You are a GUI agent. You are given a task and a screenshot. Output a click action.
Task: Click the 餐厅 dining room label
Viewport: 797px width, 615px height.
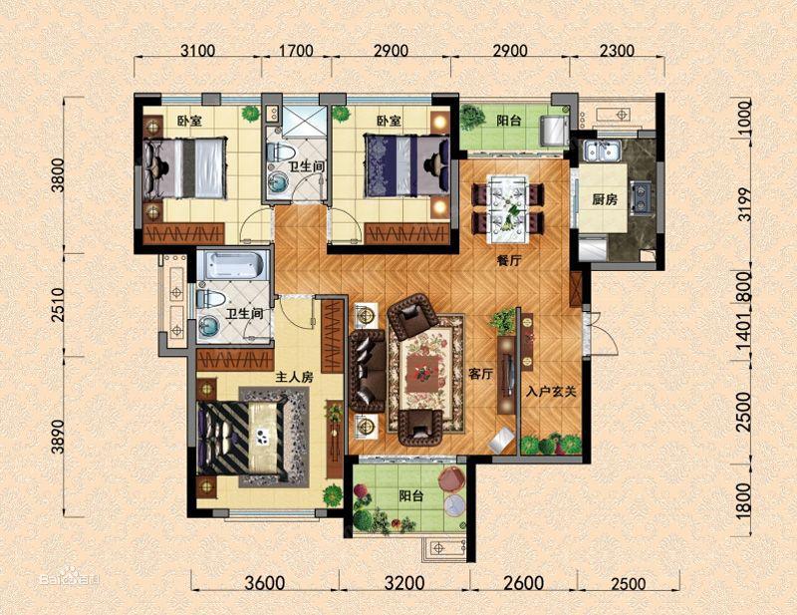coord(509,261)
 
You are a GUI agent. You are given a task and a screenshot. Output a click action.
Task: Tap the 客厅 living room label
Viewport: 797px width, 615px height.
coord(480,375)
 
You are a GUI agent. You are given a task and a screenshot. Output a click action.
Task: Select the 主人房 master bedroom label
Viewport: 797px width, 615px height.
coord(294,378)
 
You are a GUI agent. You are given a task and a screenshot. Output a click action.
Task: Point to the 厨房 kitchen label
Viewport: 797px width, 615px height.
coord(605,200)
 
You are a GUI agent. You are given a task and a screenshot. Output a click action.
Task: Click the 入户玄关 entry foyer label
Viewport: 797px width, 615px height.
coord(552,392)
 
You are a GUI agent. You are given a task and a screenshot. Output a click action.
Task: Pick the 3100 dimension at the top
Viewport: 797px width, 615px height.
coord(197,51)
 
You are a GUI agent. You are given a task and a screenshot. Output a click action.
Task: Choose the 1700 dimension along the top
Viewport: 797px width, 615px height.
coord(296,51)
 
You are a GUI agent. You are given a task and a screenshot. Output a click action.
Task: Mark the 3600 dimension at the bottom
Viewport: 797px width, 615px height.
coord(264,583)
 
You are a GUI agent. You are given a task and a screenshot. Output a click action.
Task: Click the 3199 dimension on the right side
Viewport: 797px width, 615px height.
coord(744,204)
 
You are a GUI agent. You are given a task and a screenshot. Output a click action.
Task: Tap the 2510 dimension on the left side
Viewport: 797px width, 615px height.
coord(58,305)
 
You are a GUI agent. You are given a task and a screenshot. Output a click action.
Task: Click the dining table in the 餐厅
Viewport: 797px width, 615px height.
coord(507,208)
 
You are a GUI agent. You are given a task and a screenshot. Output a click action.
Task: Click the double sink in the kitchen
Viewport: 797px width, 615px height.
coord(603,152)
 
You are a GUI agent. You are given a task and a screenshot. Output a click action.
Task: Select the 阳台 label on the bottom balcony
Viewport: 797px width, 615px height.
coord(411,496)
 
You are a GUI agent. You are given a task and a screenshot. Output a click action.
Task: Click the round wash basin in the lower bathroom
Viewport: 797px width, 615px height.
coord(209,327)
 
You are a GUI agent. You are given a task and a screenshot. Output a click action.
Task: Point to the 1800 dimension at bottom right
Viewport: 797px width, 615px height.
coord(744,500)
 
